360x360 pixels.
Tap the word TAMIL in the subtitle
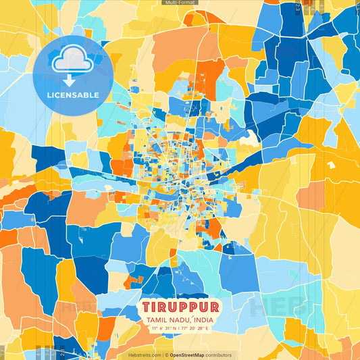tap(154, 320)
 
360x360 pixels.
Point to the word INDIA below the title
tap(205, 320)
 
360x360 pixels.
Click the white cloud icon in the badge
tap(72, 61)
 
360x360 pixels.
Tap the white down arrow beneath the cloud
tap(72, 78)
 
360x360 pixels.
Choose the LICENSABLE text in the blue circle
tap(72, 95)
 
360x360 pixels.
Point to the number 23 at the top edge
tap(298, 7)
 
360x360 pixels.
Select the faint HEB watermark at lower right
tap(273, 308)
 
